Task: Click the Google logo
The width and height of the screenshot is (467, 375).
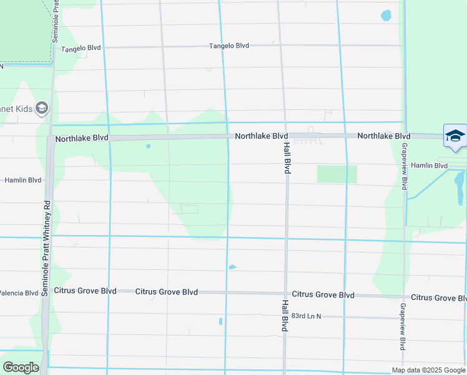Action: (x=22, y=367)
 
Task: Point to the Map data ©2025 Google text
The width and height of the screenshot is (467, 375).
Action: (x=427, y=370)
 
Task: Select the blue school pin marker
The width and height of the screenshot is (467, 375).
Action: (x=455, y=137)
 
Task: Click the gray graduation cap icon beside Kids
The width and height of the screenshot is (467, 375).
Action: (x=42, y=109)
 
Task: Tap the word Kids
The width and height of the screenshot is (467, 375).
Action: (x=19, y=109)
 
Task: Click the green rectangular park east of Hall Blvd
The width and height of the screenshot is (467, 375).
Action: (x=337, y=174)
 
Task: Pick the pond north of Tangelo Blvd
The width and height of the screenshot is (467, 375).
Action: (x=386, y=15)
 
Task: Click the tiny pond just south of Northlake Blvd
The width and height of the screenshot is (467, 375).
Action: (x=148, y=146)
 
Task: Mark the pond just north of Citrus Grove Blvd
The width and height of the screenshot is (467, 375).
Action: (x=232, y=267)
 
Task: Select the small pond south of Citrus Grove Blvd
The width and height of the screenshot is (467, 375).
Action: (x=221, y=322)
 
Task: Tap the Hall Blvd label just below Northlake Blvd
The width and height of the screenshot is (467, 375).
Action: (x=287, y=157)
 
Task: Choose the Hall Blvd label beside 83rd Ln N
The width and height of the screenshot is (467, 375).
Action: (x=284, y=314)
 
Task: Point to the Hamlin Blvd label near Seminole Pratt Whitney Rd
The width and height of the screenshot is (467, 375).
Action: (x=23, y=180)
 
